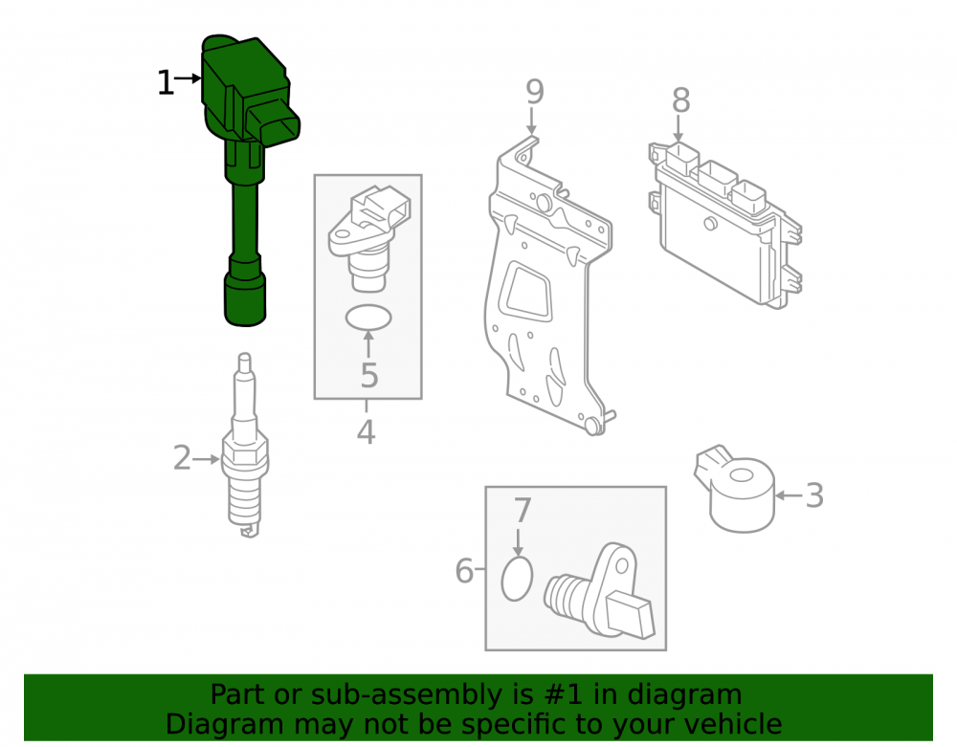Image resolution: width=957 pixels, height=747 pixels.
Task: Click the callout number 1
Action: (x=166, y=82)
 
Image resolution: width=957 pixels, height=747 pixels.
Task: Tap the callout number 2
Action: (x=182, y=458)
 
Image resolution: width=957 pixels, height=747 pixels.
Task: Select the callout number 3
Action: (x=814, y=495)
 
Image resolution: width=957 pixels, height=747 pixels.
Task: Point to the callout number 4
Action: (x=366, y=431)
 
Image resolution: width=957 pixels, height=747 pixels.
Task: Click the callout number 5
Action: (x=369, y=375)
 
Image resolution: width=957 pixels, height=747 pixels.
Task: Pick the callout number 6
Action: (x=464, y=571)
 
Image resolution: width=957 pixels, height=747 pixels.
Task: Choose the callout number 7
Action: (x=523, y=511)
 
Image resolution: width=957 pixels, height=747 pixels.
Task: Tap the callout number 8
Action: (x=681, y=100)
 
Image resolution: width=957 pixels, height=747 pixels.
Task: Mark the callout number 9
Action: (x=535, y=92)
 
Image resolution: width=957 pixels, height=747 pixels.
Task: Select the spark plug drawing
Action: (x=246, y=445)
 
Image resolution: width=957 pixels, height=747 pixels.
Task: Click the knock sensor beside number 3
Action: (x=735, y=488)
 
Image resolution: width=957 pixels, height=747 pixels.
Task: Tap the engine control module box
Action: (x=725, y=225)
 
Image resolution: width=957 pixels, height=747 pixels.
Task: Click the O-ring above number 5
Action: (x=368, y=318)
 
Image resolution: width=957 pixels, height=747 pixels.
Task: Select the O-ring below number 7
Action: (x=517, y=579)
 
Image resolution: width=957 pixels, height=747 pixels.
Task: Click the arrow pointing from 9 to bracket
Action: (x=532, y=121)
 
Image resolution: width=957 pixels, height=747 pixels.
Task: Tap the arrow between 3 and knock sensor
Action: (x=790, y=495)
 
